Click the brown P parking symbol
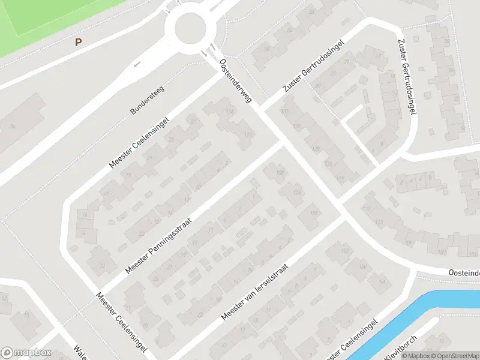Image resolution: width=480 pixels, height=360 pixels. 77,42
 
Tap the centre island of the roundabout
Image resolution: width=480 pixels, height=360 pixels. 190,28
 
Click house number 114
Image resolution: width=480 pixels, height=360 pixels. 229,112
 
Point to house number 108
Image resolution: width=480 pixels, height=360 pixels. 280,173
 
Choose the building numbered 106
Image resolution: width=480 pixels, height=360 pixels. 296,192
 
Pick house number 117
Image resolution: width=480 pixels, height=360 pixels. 340,178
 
